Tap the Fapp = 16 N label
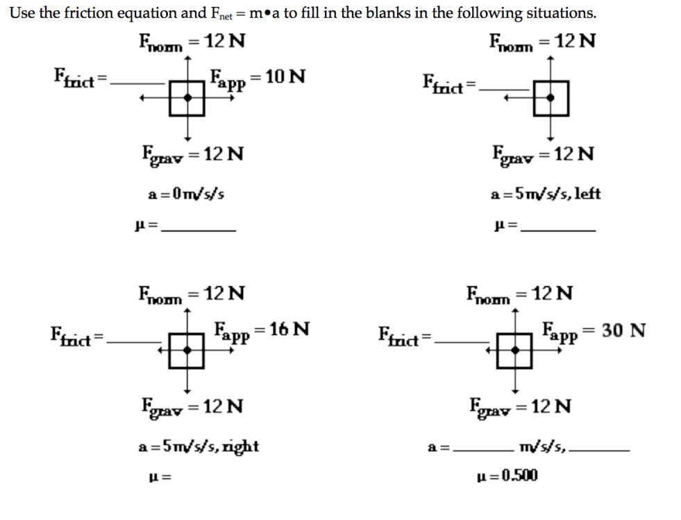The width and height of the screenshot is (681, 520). (262, 329)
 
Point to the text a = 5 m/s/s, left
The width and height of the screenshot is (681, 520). (545, 194)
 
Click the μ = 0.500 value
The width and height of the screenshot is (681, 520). (507, 476)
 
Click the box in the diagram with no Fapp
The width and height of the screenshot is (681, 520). (551, 98)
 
